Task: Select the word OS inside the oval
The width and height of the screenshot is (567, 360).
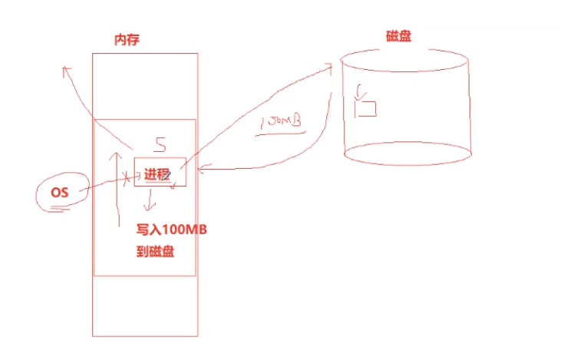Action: click(x=60, y=192)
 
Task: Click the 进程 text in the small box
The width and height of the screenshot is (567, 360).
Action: click(x=157, y=174)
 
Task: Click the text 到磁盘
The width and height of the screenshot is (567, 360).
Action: click(x=155, y=251)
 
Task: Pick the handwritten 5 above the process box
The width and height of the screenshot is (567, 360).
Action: click(x=160, y=144)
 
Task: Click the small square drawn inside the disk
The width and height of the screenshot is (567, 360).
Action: click(x=366, y=109)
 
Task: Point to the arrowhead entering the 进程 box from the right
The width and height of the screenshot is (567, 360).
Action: click(x=200, y=167)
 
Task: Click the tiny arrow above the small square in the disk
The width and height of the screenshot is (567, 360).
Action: click(x=358, y=94)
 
